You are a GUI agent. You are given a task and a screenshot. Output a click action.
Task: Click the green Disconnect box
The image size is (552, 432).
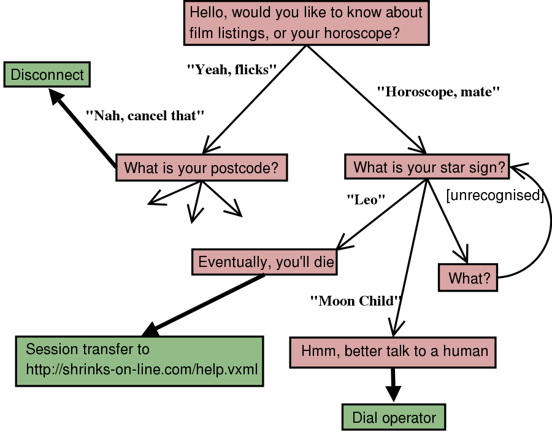(47, 75)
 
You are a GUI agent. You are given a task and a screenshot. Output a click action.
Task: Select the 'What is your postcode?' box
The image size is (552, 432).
(202, 168)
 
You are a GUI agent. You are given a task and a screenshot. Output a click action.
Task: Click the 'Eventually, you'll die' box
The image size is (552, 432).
(265, 262)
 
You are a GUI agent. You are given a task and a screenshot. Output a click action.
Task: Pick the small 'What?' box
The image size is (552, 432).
(469, 278)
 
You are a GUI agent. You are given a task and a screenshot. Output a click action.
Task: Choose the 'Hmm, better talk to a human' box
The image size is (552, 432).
(393, 352)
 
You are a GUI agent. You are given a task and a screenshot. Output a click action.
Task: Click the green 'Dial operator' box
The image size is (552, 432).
(393, 418)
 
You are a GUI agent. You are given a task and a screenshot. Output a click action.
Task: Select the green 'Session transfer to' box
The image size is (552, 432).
(139, 361)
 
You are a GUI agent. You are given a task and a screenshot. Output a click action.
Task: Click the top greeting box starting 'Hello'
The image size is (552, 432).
(306, 22)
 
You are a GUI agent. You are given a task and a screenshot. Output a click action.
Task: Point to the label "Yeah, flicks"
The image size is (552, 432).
(228, 69)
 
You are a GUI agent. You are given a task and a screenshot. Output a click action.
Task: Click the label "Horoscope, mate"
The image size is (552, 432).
(439, 93)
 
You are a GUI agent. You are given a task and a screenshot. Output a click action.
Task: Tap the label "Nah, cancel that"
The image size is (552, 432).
(144, 115)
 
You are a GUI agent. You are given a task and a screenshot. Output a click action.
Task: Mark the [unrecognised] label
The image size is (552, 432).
(495, 196)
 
